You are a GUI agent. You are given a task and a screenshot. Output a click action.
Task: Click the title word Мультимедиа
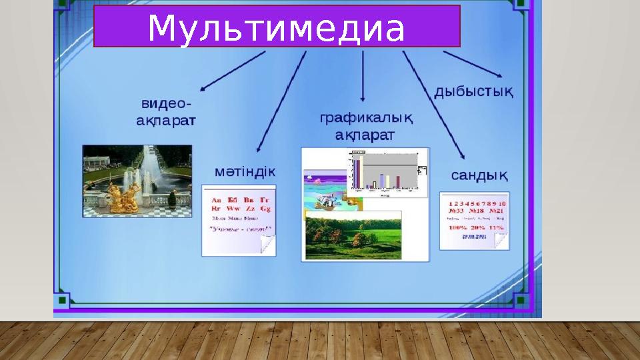click(x=276, y=28)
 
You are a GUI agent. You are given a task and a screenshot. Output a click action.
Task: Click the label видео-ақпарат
click(x=166, y=113)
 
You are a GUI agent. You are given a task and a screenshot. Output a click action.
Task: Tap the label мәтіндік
click(x=245, y=171)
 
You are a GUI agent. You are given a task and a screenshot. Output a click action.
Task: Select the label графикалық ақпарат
click(x=366, y=127)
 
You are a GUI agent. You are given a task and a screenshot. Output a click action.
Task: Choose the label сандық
click(x=479, y=175)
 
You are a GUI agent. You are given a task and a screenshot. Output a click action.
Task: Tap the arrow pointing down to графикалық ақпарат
click(x=363, y=77)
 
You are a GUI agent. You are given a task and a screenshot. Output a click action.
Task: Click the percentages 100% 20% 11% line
click(x=475, y=227)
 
